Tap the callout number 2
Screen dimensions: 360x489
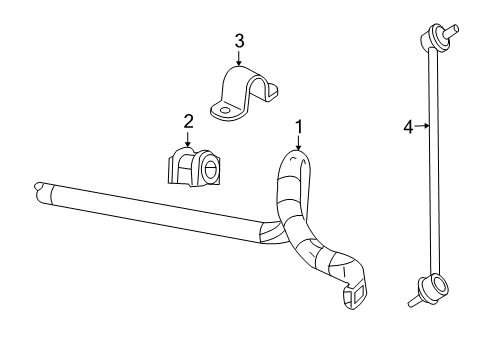point(187,121)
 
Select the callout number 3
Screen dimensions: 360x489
point(239,41)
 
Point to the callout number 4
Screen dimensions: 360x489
point(408,126)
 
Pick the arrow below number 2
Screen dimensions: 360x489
point(187,141)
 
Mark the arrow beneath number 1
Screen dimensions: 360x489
point(298,144)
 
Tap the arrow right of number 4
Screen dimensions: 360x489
point(423,126)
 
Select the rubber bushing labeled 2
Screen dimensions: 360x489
point(193,167)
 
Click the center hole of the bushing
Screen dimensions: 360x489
point(211,169)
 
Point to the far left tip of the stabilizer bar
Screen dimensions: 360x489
point(37,186)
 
